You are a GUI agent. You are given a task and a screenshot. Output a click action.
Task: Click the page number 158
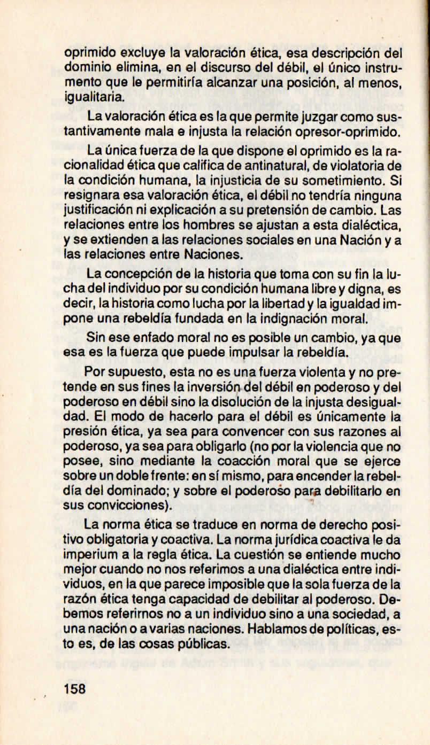74,688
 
